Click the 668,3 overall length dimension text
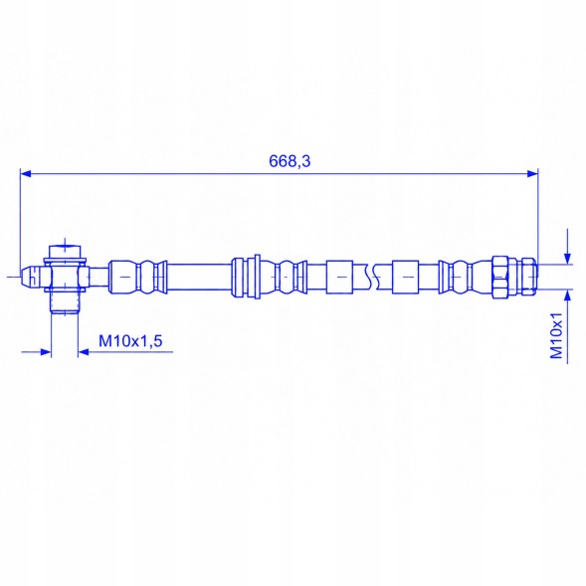pos(290,161)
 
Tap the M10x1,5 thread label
pos(130,341)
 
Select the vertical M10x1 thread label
pos(557,335)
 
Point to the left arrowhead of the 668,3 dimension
pos(26,173)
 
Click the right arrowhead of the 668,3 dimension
pos(532,173)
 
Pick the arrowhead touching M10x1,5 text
pos(84,351)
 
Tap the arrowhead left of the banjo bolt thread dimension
pos(45,351)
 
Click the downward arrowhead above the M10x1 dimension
pos(568,259)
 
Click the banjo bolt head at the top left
pos(65,251)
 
